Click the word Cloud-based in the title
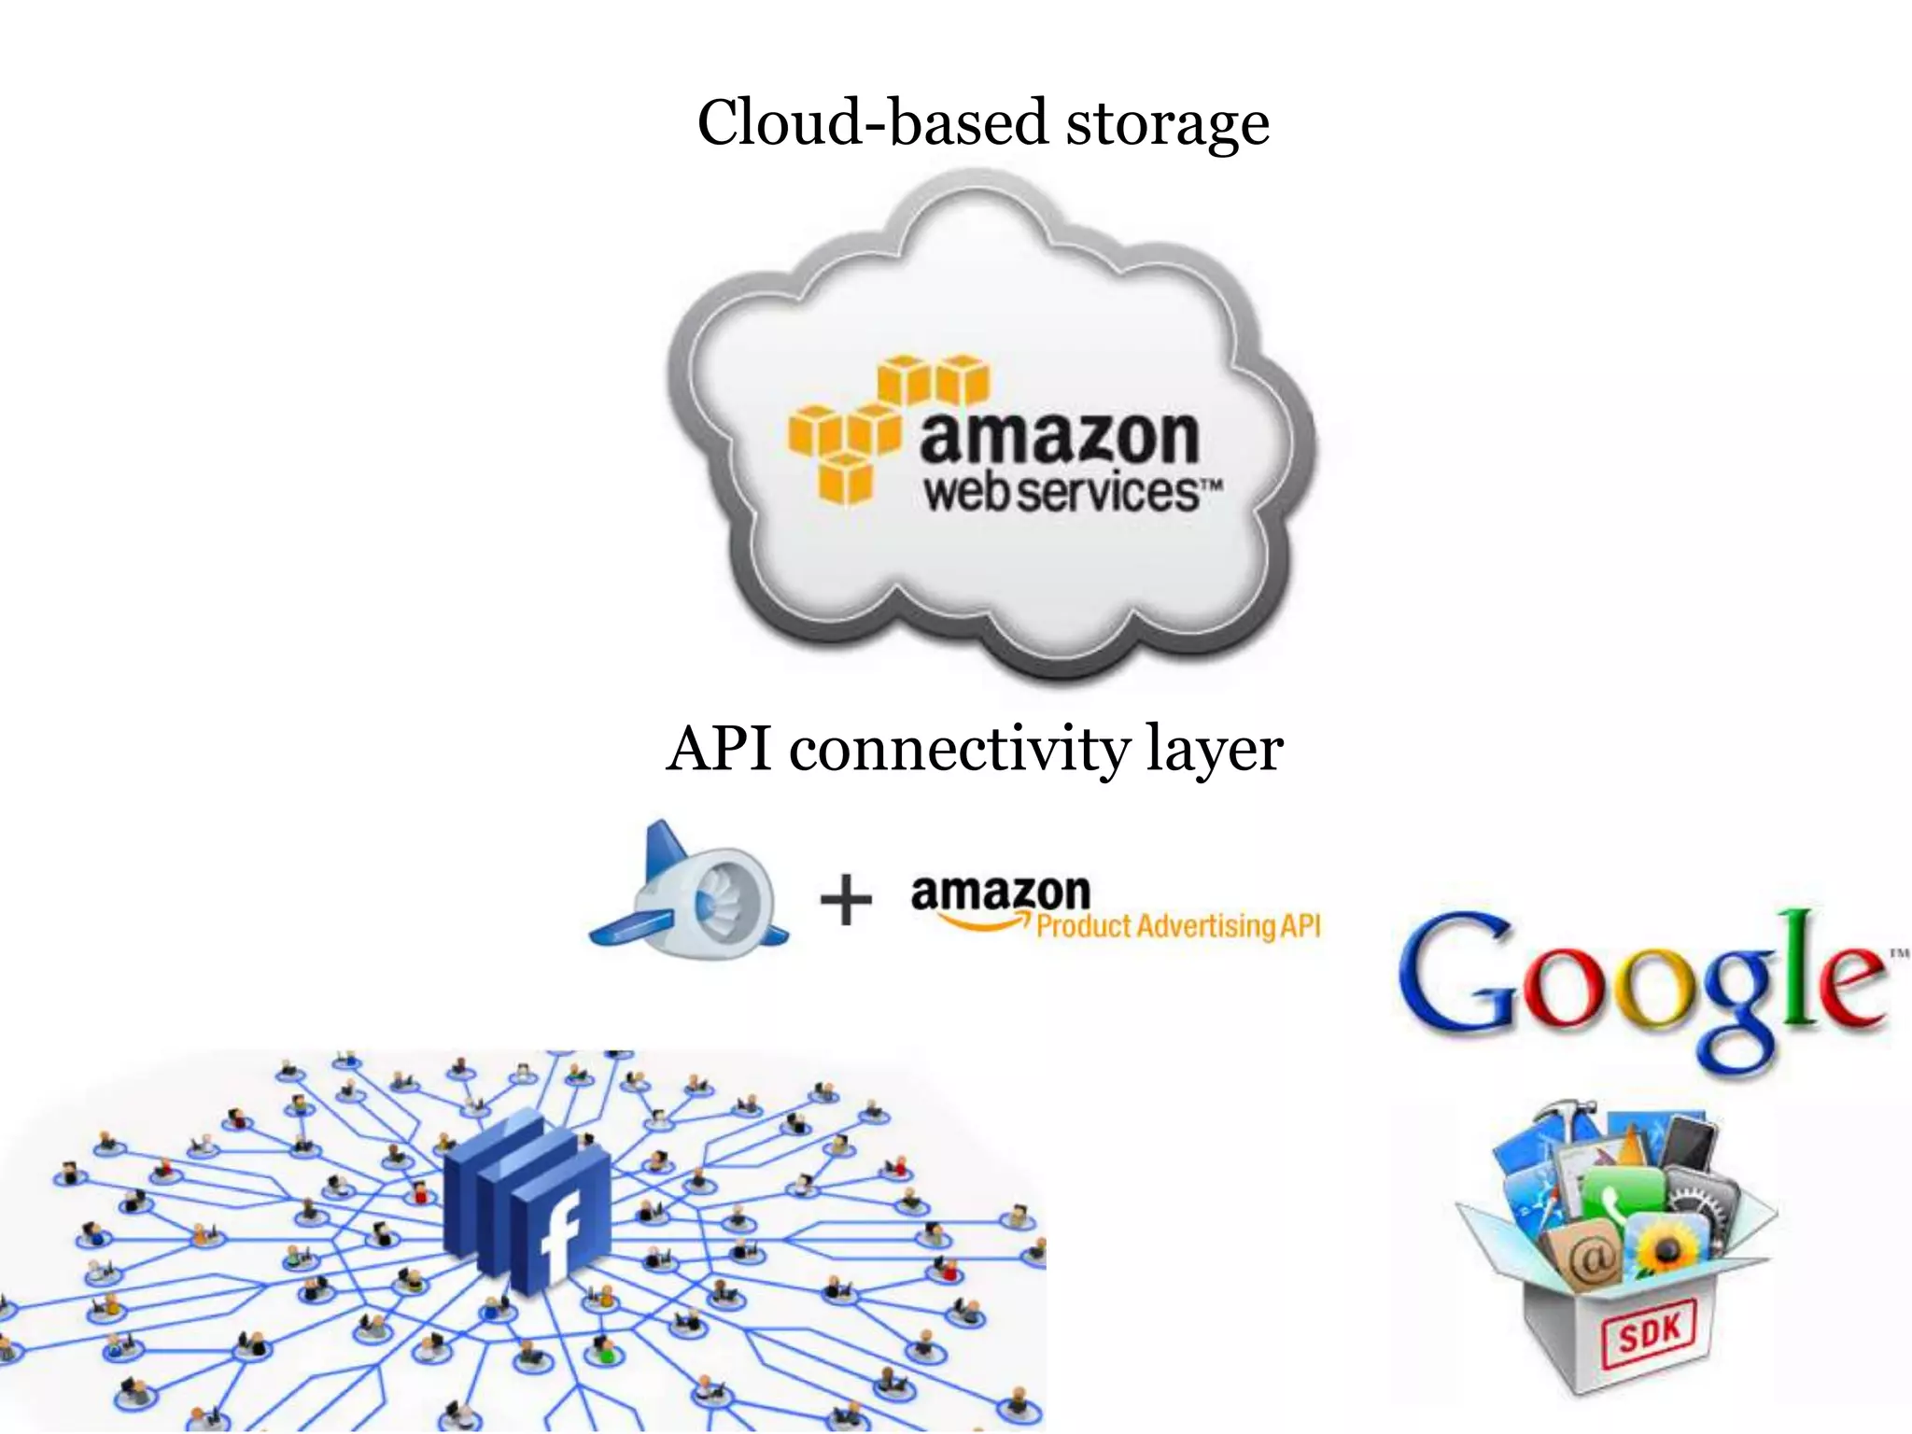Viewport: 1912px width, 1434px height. [x=873, y=123]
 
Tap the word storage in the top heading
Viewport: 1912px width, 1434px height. [x=1167, y=126]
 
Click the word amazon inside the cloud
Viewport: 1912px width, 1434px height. [x=1060, y=439]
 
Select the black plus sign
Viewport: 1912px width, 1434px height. [x=846, y=901]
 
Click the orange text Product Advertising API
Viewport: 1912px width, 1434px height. [x=1178, y=926]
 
